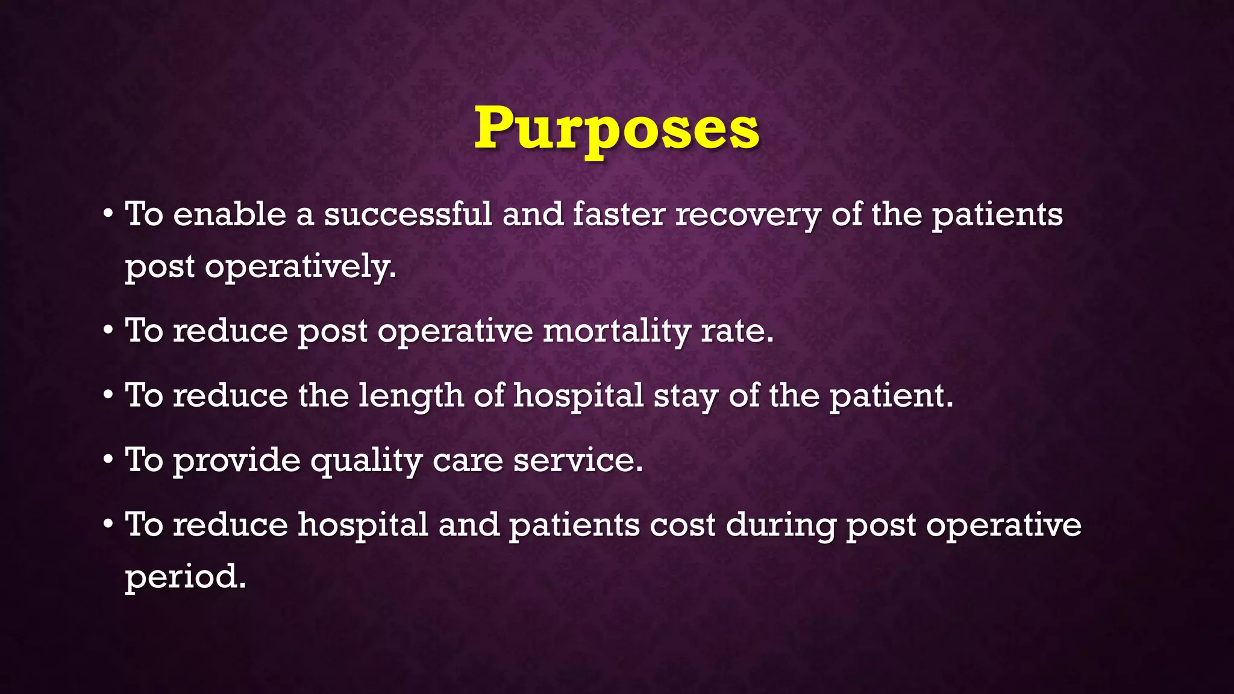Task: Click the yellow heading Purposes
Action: pyautogui.click(x=616, y=128)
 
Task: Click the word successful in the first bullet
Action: pyautogui.click(x=408, y=215)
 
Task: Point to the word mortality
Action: pyautogui.click(x=616, y=331)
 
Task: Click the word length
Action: pyautogui.click(x=411, y=396)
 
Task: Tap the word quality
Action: pyautogui.click(x=366, y=461)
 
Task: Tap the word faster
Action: pyautogui.click(x=619, y=215)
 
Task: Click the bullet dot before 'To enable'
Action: pyautogui.click(x=108, y=214)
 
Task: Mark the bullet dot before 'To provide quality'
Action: pyautogui.click(x=108, y=460)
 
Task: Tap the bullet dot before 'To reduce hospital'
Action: pyautogui.click(x=108, y=525)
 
